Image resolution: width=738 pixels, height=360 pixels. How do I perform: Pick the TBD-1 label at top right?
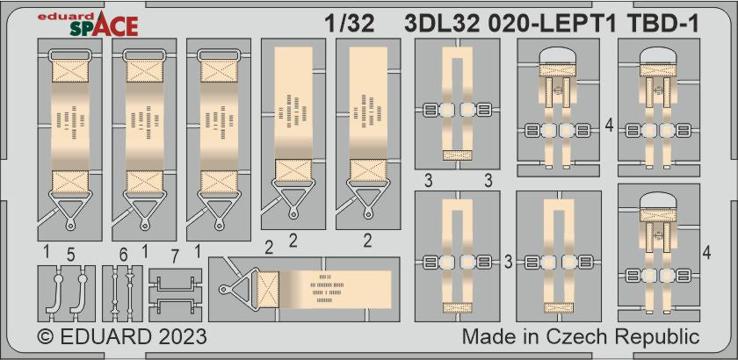click(663, 25)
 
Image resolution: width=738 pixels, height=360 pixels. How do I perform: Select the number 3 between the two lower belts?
click(508, 263)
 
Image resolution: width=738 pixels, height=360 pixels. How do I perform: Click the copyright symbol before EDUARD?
click(47, 337)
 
